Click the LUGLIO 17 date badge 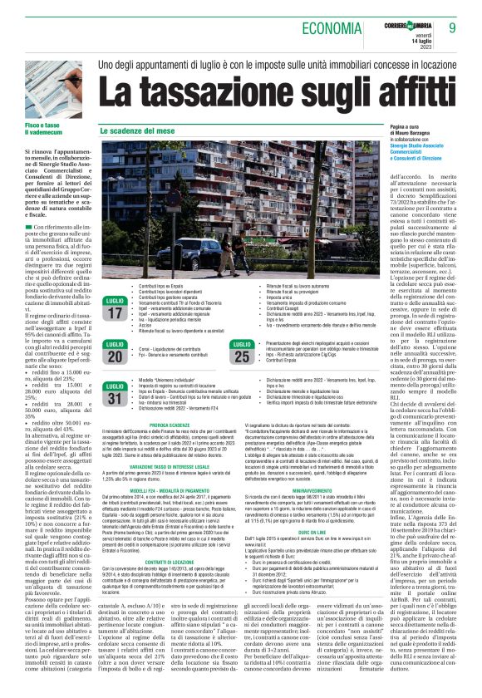coord(116,307)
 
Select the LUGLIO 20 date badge coord(116,352)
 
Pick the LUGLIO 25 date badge coord(243,352)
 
